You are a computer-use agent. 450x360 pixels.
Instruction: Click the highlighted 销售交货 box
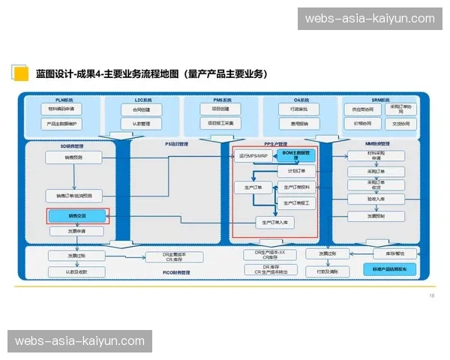pyautogui.click(x=78, y=216)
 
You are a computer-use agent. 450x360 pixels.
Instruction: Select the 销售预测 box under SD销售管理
pyautogui.click(x=73, y=157)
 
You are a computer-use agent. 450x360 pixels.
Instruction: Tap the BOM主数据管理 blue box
pyautogui.click(x=295, y=154)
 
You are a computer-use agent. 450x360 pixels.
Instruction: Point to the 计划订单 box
pyautogui.click(x=297, y=171)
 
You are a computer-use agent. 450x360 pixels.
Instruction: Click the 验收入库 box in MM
pyautogui.click(x=376, y=199)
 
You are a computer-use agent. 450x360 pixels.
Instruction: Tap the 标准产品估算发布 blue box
pyautogui.click(x=390, y=268)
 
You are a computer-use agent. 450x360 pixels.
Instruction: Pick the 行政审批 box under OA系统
pyautogui.click(x=295, y=109)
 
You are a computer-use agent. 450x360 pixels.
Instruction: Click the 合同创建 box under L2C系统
pyautogui.click(x=142, y=109)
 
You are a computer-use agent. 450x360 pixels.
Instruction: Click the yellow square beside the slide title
pyautogui.click(x=20, y=73)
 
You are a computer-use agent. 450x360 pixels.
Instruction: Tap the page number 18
pyautogui.click(x=431, y=295)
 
